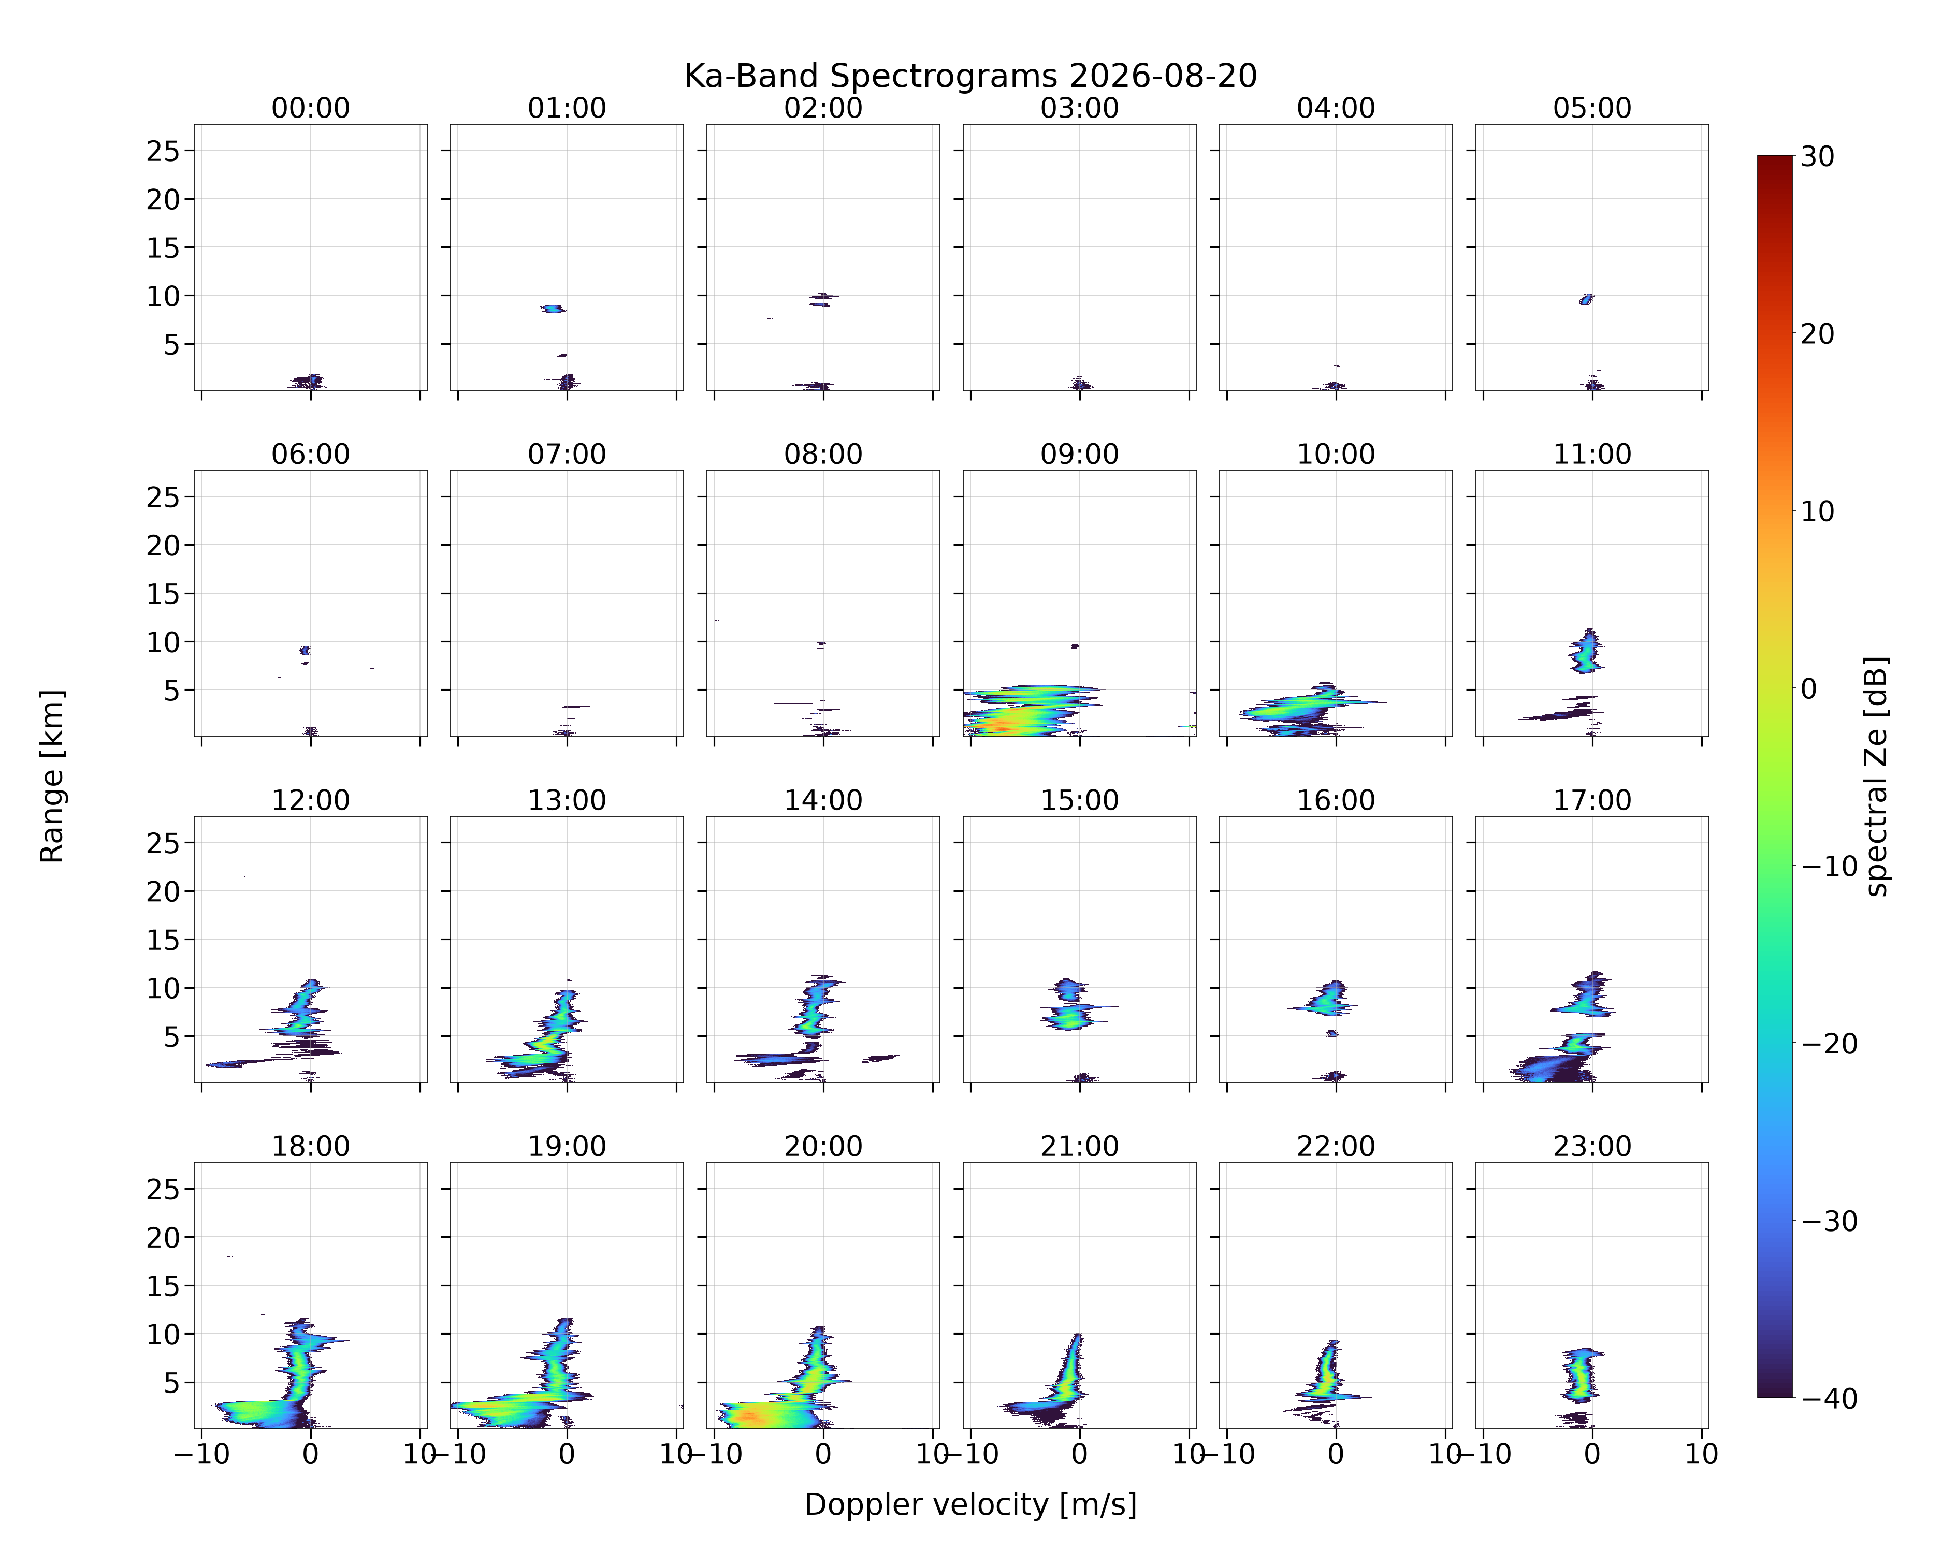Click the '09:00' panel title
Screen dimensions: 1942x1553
[1079, 455]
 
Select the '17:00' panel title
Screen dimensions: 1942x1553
[1591, 800]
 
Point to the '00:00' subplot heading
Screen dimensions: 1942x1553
[311, 108]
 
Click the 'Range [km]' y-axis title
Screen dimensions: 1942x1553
[52, 776]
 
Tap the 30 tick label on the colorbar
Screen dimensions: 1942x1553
[1818, 157]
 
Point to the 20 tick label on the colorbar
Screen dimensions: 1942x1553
[1818, 334]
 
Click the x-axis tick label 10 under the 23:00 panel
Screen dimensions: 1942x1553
[1702, 1454]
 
